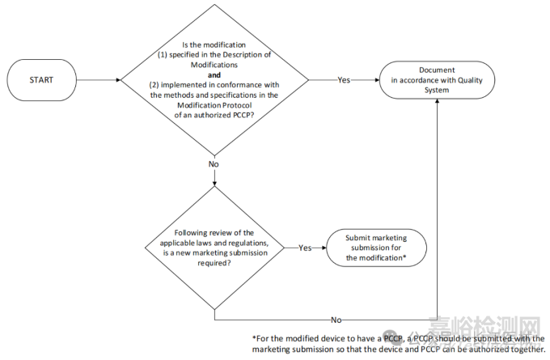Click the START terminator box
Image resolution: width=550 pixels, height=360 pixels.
41,80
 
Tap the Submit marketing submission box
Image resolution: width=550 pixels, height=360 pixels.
375,247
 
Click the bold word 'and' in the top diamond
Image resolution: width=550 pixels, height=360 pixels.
214,74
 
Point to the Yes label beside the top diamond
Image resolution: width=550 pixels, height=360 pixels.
344,80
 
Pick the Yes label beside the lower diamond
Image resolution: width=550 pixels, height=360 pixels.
306,247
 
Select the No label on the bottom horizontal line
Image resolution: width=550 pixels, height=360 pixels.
336,319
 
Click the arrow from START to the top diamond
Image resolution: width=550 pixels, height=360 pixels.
97,80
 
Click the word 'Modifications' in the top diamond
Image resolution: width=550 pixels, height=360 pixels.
214,63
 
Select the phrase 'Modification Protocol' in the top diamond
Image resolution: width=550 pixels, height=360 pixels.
214,105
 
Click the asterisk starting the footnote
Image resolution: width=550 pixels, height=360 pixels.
254,338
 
